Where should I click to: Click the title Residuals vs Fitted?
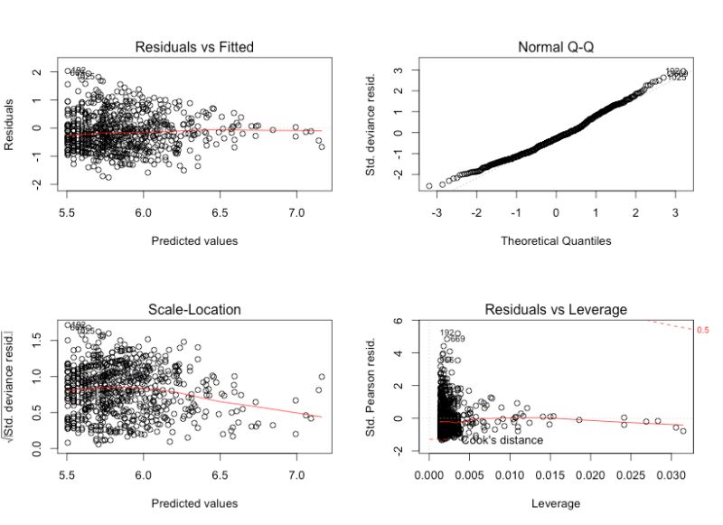click(195, 46)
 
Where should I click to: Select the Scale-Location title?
click(195, 309)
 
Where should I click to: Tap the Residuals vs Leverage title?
click(555, 309)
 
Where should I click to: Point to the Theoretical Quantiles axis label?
click(555, 240)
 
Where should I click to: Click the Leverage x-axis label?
click(555, 503)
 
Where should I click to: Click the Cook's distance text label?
click(502, 440)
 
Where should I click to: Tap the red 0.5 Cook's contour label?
click(703, 331)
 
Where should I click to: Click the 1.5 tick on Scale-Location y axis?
click(40, 336)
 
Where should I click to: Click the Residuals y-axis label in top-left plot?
click(12, 127)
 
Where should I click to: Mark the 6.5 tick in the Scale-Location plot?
click(221, 475)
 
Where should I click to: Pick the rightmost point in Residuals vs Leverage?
click(683, 431)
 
